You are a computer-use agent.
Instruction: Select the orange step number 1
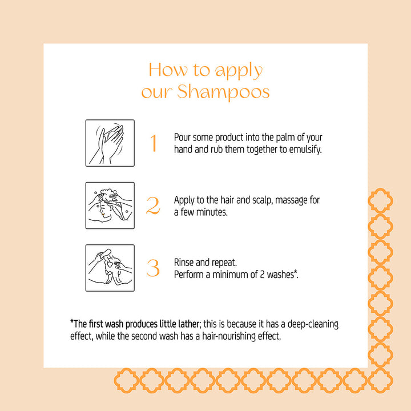click(153, 143)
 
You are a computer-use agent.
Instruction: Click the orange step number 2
click(152, 206)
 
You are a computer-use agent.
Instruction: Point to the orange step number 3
click(152, 268)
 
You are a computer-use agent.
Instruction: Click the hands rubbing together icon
click(110, 143)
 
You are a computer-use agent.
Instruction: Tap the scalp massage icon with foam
click(110, 205)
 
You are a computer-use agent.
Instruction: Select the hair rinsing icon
click(110, 268)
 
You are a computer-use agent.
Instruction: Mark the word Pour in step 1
click(182, 138)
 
